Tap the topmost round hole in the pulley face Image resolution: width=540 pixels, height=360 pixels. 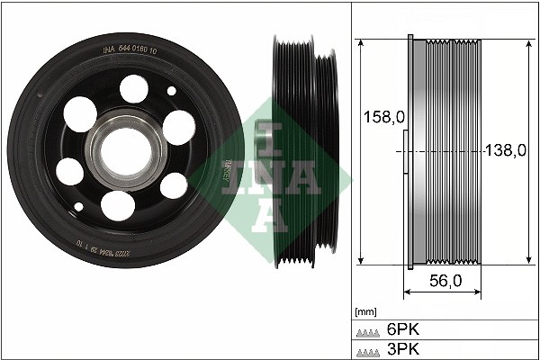(134, 88)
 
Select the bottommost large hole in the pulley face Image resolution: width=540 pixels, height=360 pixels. (116, 204)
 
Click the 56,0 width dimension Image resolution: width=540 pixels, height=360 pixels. (444, 281)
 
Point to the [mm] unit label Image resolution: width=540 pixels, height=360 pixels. (366, 312)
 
